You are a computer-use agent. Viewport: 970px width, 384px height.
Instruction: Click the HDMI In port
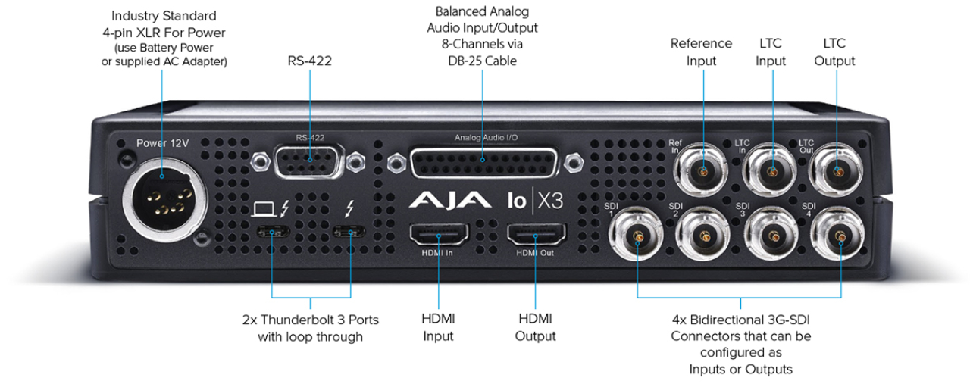pos(437,236)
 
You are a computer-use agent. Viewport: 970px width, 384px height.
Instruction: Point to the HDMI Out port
pos(535,236)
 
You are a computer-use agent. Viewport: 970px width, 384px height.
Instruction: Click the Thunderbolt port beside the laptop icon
pos(271,231)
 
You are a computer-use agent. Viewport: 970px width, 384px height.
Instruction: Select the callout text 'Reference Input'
pos(701,52)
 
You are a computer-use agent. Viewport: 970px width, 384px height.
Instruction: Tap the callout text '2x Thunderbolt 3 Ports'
pos(310,320)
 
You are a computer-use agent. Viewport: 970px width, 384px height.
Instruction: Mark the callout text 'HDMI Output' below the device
pos(535,327)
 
